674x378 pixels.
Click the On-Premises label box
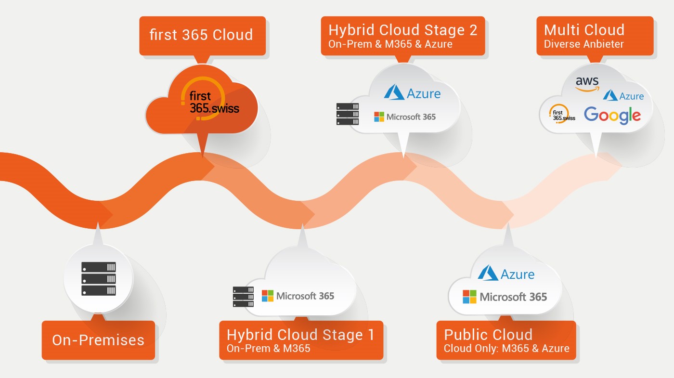[98, 340]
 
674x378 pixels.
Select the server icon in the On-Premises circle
[99, 279]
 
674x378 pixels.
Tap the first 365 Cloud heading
[201, 35]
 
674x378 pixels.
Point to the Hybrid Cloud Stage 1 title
[300, 335]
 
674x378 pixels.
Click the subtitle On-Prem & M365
[269, 349]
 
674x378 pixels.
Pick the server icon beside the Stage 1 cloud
[243, 297]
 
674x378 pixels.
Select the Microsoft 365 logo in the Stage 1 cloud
[298, 296]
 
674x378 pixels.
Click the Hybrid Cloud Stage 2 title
[403, 30]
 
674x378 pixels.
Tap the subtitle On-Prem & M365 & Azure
[390, 44]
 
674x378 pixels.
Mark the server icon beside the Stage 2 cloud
[348, 114]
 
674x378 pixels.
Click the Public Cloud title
[488, 335]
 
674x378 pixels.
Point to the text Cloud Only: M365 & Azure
[506, 349]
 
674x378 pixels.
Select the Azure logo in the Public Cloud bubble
[506, 274]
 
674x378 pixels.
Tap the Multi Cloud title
[584, 30]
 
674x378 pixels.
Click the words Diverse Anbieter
[584, 44]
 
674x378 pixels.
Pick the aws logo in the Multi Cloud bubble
[587, 84]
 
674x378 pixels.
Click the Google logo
[612, 116]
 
